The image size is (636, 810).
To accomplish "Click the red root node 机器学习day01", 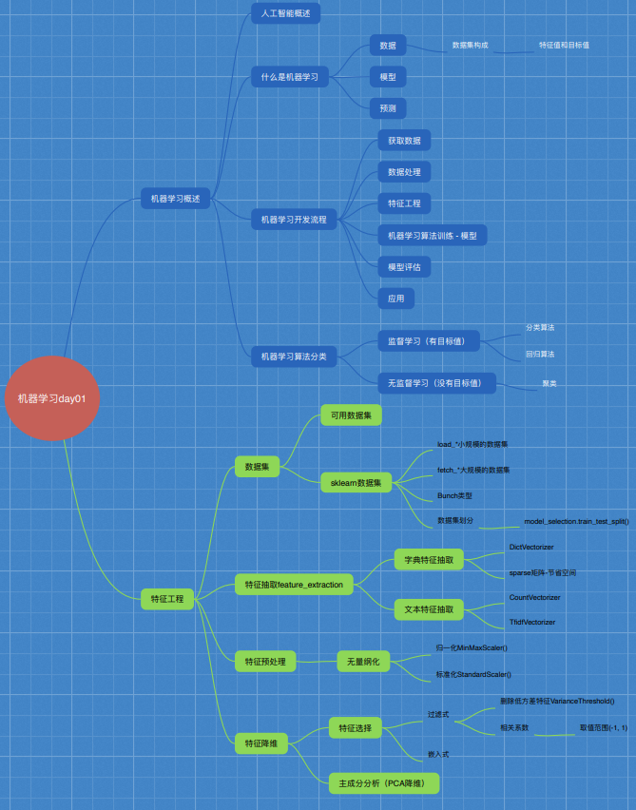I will click(52, 398).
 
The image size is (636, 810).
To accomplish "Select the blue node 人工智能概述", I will click(285, 13).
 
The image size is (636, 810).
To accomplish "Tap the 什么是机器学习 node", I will click(290, 76).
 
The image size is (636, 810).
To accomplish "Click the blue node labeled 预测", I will click(388, 107).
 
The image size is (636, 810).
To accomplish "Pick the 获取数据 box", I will click(404, 141).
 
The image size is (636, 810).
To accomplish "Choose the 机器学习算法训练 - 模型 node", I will click(433, 235).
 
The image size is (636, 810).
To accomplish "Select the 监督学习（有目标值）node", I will click(428, 340).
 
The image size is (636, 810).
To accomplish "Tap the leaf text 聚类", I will click(549, 384).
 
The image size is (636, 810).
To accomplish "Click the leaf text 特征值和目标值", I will click(564, 45).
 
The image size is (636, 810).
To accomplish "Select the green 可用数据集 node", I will click(351, 415).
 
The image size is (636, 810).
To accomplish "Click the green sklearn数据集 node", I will click(356, 483).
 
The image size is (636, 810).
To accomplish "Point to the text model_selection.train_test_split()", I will click(576, 522).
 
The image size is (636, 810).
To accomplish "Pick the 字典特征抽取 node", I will click(429, 559).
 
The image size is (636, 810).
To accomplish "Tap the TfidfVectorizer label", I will click(532, 622).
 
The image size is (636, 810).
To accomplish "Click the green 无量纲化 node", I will click(364, 661).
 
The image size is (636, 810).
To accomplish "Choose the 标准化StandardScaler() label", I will click(473, 674).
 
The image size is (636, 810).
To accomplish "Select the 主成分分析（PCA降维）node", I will click(384, 783).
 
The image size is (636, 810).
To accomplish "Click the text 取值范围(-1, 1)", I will click(604, 727).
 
